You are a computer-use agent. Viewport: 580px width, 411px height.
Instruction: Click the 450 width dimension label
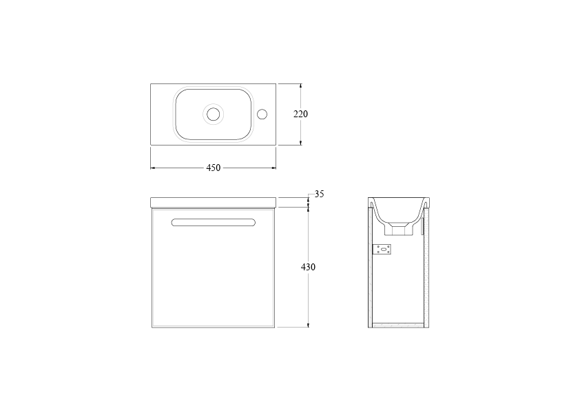pos(213,168)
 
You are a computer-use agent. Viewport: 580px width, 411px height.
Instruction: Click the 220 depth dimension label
pos(300,114)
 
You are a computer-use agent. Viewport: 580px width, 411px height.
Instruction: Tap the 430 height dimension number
pos(308,267)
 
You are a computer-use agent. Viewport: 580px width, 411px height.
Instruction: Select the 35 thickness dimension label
pos(319,194)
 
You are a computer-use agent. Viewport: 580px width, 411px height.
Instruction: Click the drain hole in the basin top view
pos(214,114)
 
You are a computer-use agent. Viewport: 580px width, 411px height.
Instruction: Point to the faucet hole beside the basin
pos(262,114)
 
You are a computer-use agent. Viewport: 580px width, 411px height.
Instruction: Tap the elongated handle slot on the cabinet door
pos(214,222)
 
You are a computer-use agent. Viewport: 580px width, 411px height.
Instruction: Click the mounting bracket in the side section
pos(382,249)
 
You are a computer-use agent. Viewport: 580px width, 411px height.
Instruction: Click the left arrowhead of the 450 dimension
pos(152,168)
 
